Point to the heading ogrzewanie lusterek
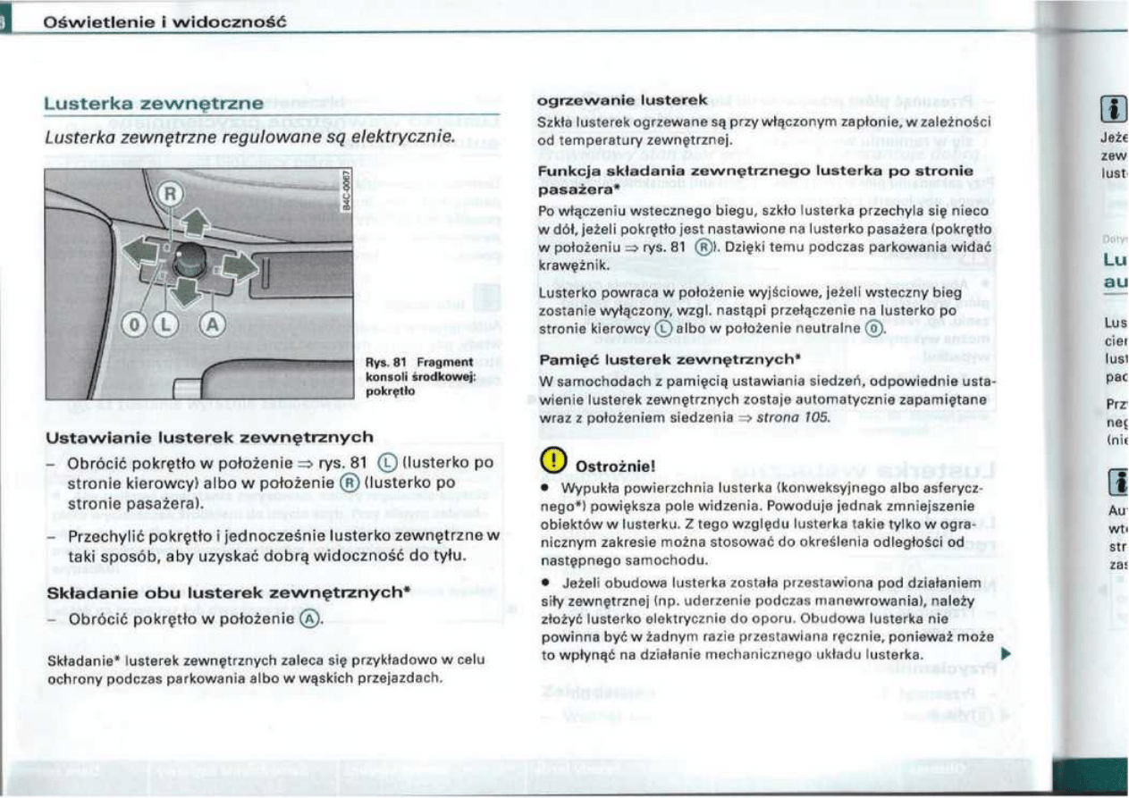click(620, 100)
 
